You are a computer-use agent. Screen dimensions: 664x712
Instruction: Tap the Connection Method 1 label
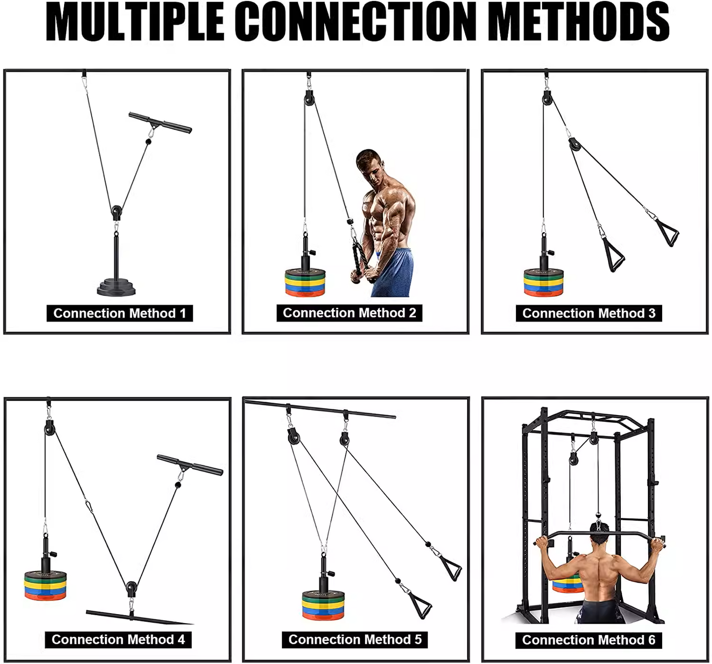pos(120,314)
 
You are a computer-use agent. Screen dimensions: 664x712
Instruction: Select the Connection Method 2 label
pos(349,313)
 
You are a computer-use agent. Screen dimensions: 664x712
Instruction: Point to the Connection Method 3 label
pos(589,314)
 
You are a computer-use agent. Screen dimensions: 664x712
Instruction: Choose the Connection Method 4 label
pos(118,640)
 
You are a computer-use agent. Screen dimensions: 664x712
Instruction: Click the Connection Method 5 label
pos(355,640)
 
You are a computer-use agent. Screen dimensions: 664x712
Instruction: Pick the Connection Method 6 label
pos(589,640)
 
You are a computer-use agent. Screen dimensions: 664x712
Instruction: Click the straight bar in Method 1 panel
pos(160,123)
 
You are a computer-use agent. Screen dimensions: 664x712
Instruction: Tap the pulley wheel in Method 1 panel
pos(116,212)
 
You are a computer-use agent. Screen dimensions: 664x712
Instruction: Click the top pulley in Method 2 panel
pos(309,98)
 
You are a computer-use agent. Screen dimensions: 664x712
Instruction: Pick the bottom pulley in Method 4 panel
pos(131,588)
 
